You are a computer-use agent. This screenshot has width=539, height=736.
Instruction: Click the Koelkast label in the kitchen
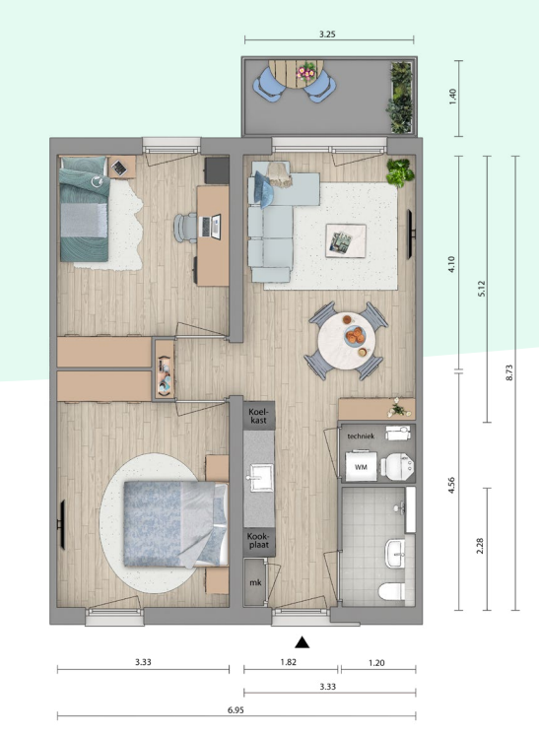click(259, 416)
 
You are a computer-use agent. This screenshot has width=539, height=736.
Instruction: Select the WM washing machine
click(361, 466)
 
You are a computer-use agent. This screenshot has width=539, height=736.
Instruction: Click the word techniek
click(361, 436)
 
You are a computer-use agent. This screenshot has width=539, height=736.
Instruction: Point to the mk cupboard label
click(255, 582)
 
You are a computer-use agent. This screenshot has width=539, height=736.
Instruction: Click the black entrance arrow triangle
click(302, 642)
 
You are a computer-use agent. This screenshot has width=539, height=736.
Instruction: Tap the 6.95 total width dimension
click(236, 710)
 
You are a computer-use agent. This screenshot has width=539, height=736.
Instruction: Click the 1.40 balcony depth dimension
click(452, 97)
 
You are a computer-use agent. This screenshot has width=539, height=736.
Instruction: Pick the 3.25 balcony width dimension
click(327, 34)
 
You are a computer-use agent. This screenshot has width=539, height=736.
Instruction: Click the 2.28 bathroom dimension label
click(479, 546)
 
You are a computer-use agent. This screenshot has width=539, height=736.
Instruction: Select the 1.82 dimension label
click(289, 662)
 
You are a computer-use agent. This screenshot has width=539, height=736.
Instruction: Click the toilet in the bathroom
click(392, 591)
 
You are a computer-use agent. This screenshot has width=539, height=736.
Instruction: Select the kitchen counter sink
click(259, 478)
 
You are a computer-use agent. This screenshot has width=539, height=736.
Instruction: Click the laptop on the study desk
click(211, 227)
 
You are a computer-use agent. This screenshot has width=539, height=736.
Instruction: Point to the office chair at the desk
click(185, 228)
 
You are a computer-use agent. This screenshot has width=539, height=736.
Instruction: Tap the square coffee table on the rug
click(346, 240)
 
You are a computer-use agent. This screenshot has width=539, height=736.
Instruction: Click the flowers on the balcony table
click(306, 72)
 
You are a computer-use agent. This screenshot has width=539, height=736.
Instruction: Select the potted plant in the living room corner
click(400, 172)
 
